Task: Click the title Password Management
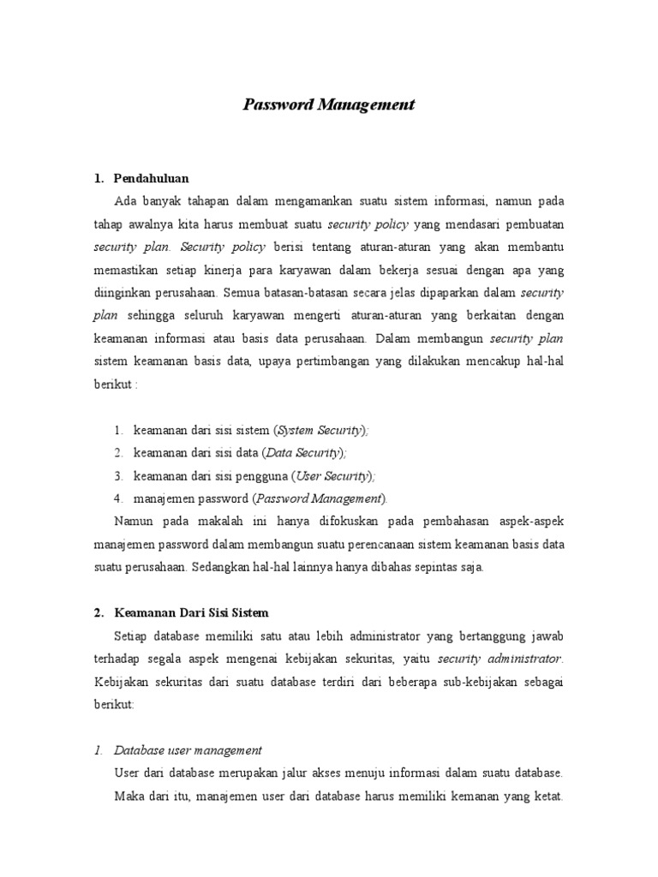pyautogui.click(x=329, y=105)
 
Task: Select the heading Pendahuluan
pyautogui.click(x=151, y=178)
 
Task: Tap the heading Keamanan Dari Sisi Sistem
pyautogui.click(x=191, y=612)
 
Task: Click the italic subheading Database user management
pyautogui.click(x=188, y=750)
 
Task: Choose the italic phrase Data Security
pyautogui.click(x=303, y=452)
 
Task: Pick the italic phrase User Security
pyautogui.click(x=332, y=475)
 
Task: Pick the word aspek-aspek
pyautogui.click(x=532, y=521)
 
